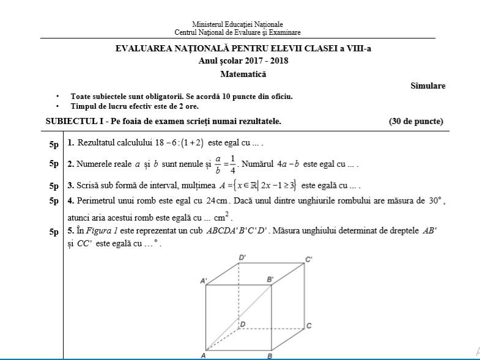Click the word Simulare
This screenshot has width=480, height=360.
click(428, 86)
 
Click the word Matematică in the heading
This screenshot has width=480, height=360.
click(243, 75)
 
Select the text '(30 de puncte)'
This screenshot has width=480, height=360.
click(416, 121)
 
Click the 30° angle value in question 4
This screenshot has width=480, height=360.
click(434, 200)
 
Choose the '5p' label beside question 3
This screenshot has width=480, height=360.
click(54, 186)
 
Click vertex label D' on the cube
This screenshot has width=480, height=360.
click(243, 258)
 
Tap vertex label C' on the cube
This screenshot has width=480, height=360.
click(309, 259)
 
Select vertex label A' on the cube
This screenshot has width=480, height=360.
click(204, 281)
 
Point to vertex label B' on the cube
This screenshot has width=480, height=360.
click(270, 280)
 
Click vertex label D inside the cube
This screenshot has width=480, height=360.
click(243, 324)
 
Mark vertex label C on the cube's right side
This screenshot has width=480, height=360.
click(309, 326)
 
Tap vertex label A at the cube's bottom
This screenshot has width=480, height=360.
click(202, 355)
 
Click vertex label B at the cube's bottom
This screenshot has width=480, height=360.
click(270, 356)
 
